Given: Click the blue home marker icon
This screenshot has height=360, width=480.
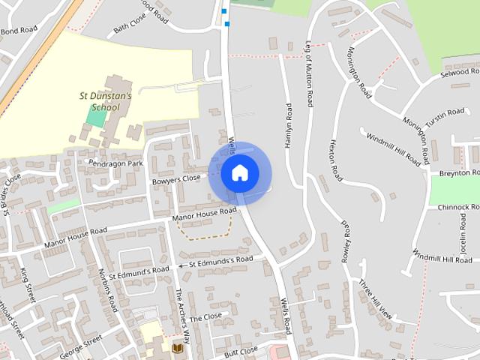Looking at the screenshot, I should tap(239, 172).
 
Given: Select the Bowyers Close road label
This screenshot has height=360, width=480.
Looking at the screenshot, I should tap(176, 179).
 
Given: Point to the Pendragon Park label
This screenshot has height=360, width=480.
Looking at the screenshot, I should tap(114, 163).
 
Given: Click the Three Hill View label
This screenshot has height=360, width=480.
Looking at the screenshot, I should tap(375, 299).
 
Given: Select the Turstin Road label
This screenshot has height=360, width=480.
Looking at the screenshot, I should tap(446, 114).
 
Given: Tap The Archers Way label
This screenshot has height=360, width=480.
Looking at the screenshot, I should tap(181, 310).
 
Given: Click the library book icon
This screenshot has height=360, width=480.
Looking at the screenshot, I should tap(177, 349).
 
